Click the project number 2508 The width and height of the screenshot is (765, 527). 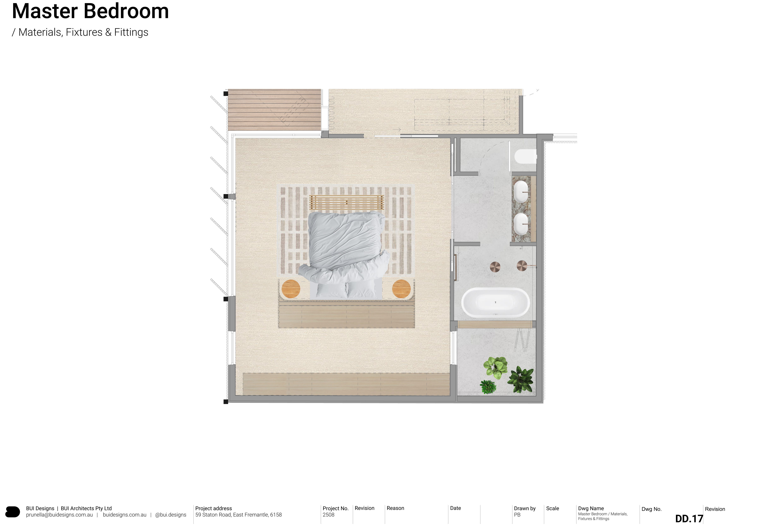click(329, 515)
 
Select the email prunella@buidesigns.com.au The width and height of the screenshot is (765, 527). click(59, 515)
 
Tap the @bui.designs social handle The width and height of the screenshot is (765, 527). click(171, 515)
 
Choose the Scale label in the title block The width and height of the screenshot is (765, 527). click(552, 509)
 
